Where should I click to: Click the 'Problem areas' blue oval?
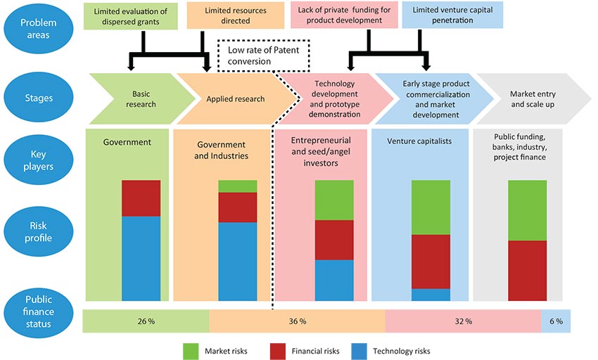click(x=38, y=29)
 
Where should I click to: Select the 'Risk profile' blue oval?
click(x=38, y=231)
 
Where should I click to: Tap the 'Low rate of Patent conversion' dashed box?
click(x=263, y=56)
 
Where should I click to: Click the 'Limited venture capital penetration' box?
click(x=452, y=15)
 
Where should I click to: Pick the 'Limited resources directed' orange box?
click(x=235, y=15)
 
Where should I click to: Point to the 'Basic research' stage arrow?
click(x=142, y=98)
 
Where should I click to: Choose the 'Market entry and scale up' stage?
click(x=533, y=98)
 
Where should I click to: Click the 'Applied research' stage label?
click(x=235, y=98)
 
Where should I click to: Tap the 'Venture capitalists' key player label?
click(x=419, y=141)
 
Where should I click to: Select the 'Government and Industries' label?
click(x=221, y=150)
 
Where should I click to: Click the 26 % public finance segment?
click(x=146, y=321)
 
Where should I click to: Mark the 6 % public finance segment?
click(x=556, y=321)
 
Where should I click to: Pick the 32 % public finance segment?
click(x=464, y=321)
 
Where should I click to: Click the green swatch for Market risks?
click(x=191, y=352)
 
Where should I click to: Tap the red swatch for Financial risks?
click(x=278, y=352)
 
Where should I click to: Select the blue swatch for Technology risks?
click(x=360, y=352)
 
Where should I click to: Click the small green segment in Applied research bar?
click(x=238, y=186)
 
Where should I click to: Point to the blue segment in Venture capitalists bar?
click(x=431, y=295)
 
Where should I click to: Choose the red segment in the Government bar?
click(x=141, y=198)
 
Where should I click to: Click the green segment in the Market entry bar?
click(x=528, y=210)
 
